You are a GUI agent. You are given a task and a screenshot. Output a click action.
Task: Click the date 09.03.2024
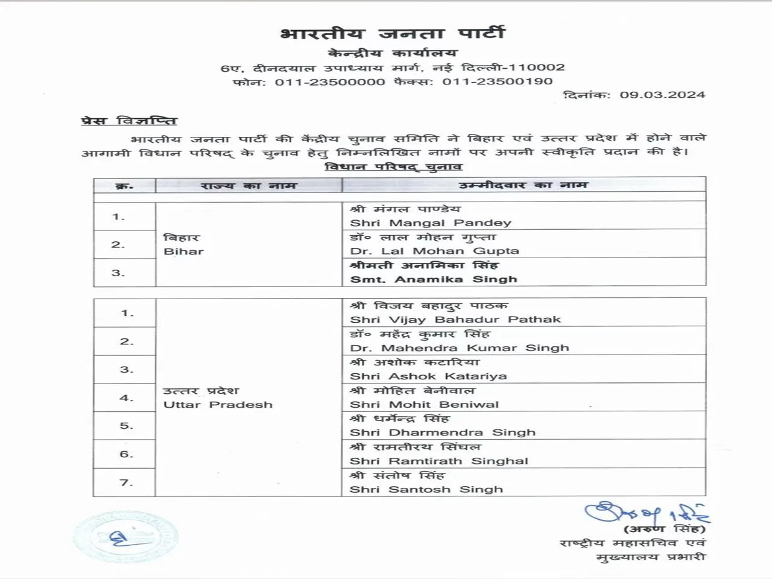click(662, 95)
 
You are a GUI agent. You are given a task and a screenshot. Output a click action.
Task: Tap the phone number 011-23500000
click(330, 81)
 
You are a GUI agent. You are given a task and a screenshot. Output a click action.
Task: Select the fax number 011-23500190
click(498, 81)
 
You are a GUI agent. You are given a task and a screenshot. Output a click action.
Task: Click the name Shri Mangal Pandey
click(431, 223)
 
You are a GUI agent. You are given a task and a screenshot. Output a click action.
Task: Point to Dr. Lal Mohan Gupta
click(434, 251)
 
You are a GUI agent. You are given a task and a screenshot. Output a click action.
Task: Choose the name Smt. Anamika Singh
click(434, 279)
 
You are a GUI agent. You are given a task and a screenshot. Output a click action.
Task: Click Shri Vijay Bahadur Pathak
click(455, 320)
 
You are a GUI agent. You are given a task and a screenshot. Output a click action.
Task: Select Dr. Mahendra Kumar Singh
click(460, 348)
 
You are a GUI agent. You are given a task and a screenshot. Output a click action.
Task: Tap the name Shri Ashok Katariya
click(428, 376)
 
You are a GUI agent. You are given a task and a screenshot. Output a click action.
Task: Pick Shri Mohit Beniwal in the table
click(425, 405)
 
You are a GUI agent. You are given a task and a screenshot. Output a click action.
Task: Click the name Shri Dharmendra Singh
click(443, 432)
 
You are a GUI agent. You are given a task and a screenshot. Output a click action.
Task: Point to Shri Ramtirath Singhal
click(439, 461)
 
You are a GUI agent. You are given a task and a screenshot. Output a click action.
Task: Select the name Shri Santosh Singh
click(426, 489)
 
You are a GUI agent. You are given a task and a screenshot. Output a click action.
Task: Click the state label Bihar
click(183, 252)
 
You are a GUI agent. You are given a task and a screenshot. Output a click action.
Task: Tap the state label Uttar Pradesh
click(218, 405)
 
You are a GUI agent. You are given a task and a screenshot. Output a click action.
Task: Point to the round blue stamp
click(125, 537)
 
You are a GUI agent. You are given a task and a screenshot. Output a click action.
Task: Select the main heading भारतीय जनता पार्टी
click(392, 33)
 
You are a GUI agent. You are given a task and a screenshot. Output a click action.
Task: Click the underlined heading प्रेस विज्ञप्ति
click(129, 121)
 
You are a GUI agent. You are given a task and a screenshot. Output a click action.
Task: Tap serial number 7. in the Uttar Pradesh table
click(126, 482)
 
